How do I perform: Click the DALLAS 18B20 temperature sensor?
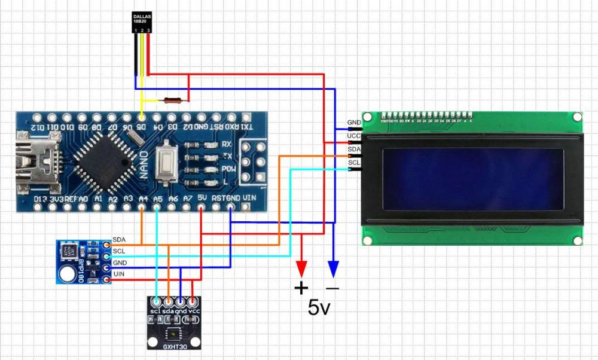(x=142, y=23)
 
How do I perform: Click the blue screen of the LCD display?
(x=473, y=179)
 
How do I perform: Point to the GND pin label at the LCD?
(x=353, y=123)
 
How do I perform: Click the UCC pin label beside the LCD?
(x=353, y=136)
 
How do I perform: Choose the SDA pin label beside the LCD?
(x=353, y=150)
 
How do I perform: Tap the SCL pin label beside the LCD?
(x=353, y=162)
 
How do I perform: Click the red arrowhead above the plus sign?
(x=301, y=267)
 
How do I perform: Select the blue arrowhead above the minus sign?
(x=333, y=267)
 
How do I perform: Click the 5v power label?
(x=319, y=308)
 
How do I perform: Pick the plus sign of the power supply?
(x=301, y=289)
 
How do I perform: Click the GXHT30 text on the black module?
(x=175, y=345)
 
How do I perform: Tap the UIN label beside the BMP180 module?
(x=119, y=273)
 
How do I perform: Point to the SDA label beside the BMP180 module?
(x=119, y=239)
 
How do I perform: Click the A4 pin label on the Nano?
(x=143, y=197)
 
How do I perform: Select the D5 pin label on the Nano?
(x=142, y=127)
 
